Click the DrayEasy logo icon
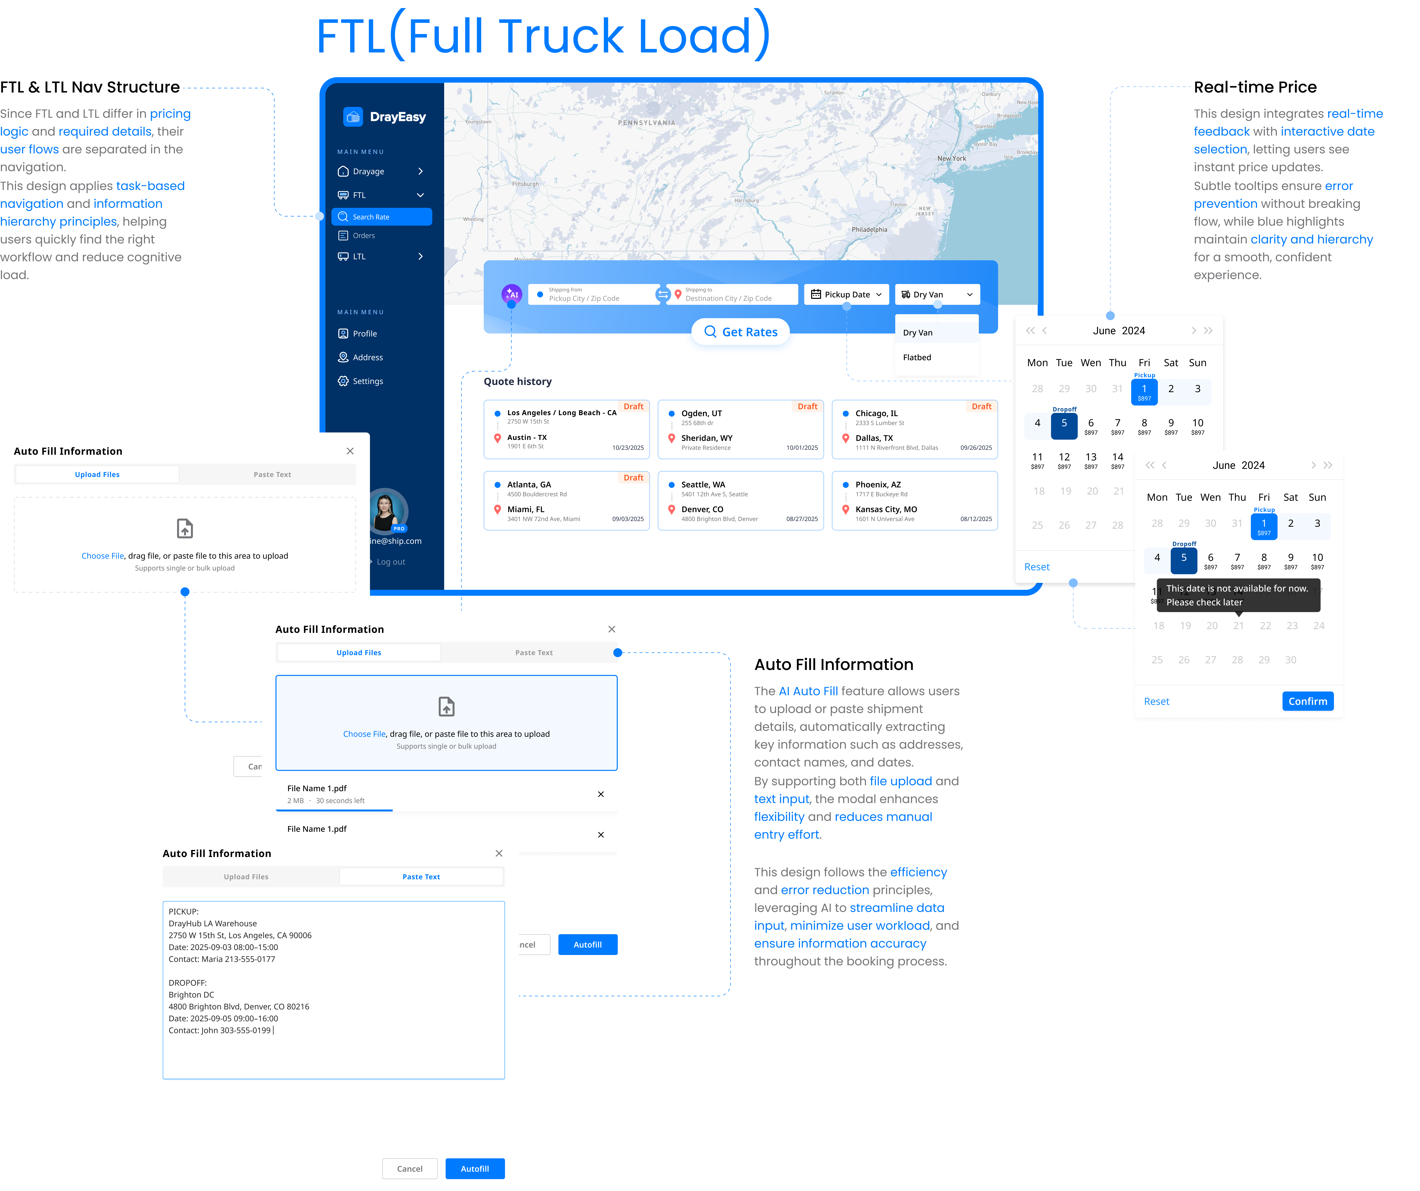(353, 117)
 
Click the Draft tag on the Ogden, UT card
(807, 406)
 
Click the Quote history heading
(517, 381)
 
